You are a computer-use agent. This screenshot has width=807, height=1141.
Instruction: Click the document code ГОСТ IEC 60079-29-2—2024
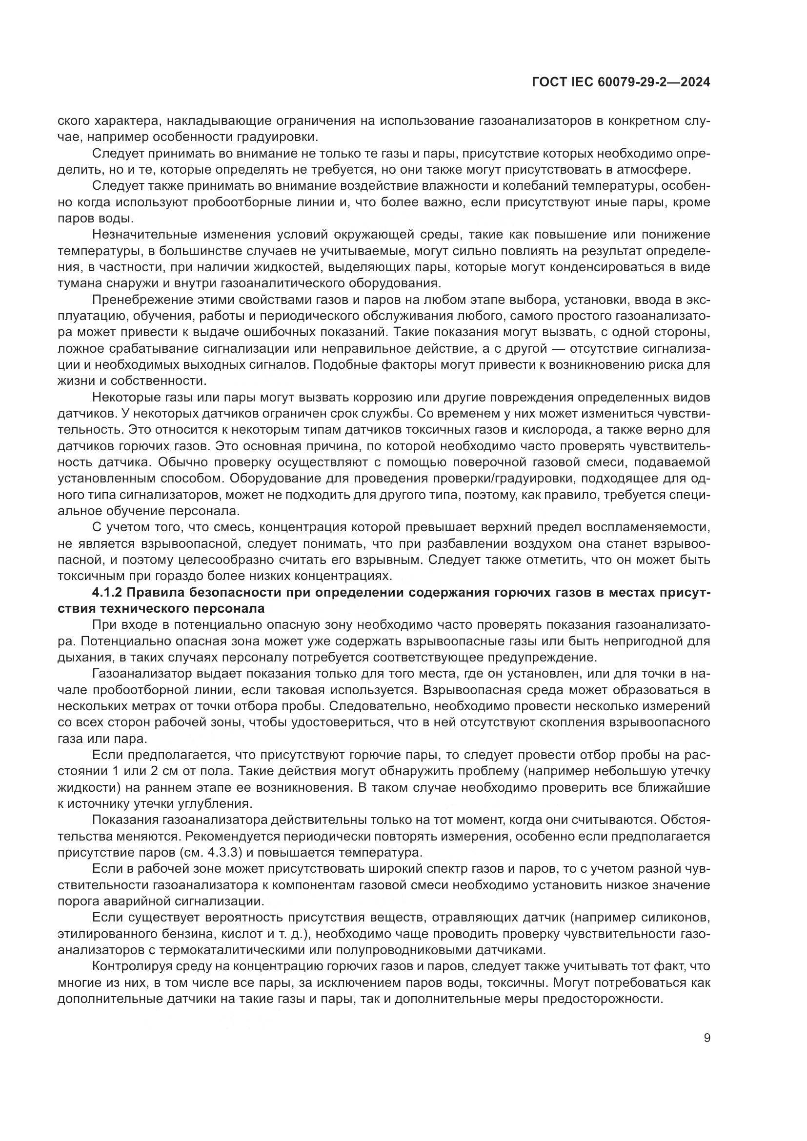click(x=621, y=82)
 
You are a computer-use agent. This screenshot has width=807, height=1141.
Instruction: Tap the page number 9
click(x=707, y=1038)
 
